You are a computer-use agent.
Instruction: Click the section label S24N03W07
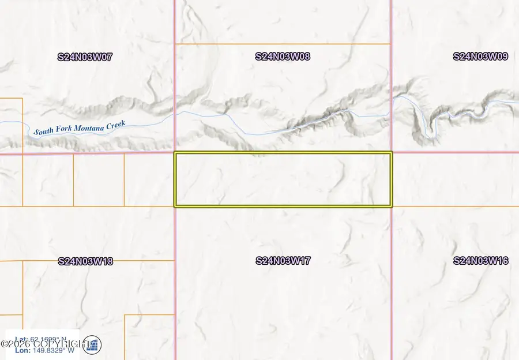(85, 57)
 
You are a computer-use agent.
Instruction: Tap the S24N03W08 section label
(283, 57)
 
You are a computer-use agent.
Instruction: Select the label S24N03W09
(481, 57)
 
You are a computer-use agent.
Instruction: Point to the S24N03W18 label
(85, 261)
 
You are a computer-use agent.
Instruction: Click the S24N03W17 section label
(283, 261)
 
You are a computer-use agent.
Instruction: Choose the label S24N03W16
(481, 261)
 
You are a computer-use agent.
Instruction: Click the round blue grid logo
(92, 345)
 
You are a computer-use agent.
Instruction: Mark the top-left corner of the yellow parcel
(175, 153)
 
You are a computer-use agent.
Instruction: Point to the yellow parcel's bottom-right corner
(391, 205)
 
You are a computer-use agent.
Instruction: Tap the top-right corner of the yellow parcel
(391, 153)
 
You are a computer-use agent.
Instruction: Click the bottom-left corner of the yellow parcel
(175, 205)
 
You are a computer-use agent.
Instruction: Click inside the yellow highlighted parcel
(283, 179)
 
